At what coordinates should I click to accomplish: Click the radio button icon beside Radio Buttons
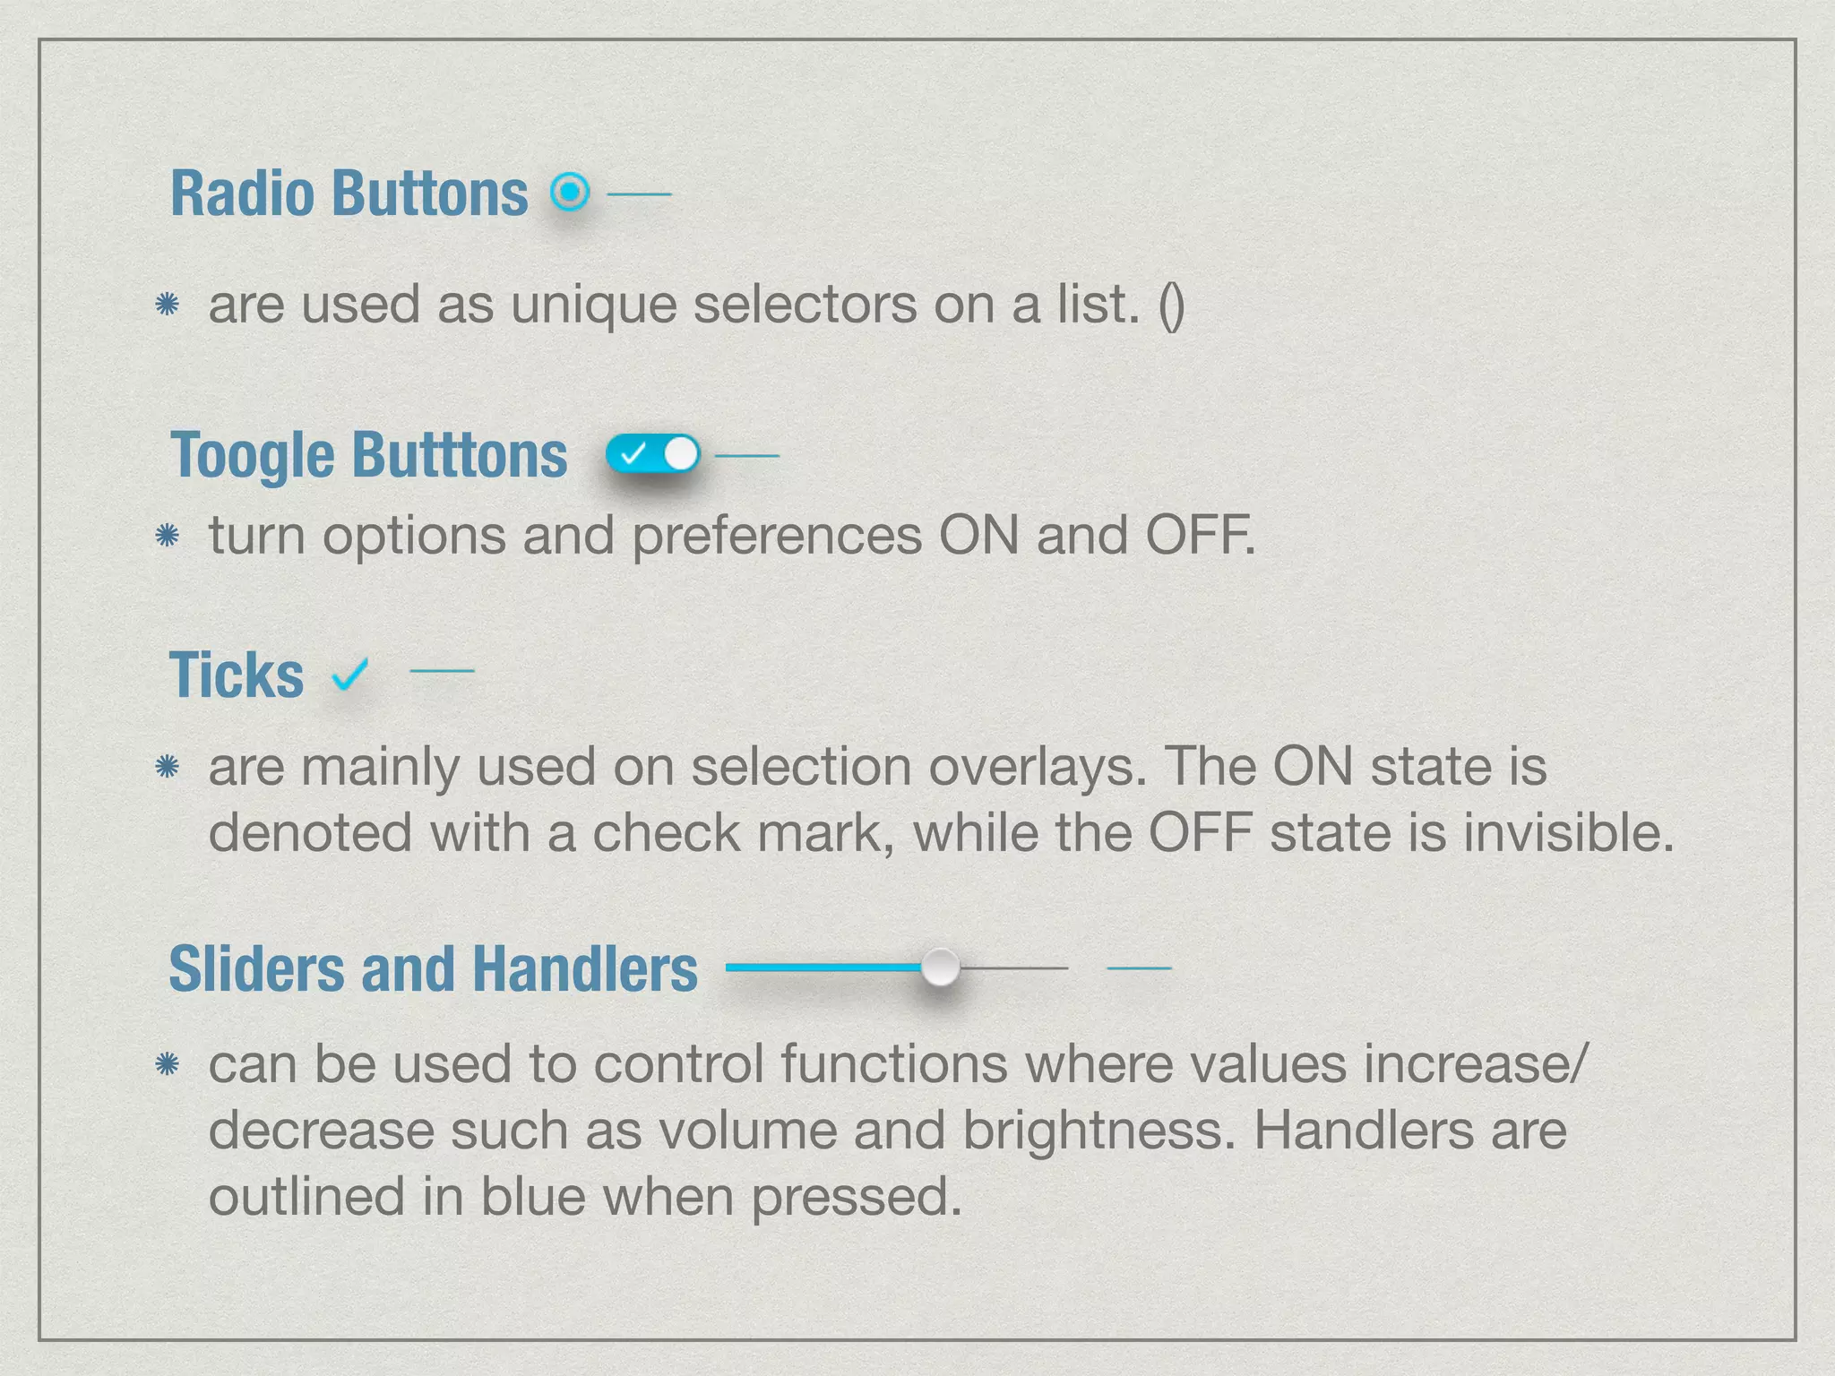point(570,192)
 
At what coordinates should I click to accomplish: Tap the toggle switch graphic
point(651,454)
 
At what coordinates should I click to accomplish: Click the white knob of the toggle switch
point(681,454)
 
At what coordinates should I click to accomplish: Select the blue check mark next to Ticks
point(349,674)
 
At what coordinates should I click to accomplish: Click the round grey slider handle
point(940,967)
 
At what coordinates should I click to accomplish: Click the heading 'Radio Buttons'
point(349,193)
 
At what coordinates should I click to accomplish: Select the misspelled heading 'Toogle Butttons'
point(368,455)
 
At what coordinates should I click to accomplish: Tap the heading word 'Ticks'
point(237,675)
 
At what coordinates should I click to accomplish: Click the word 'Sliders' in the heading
point(256,969)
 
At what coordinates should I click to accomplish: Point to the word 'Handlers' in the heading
point(584,969)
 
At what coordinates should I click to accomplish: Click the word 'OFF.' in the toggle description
point(1200,536)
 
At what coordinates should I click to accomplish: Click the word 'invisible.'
point(1568,833)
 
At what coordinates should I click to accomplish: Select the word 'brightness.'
point(1098,1131)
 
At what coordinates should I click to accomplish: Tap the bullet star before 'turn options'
point(168,536)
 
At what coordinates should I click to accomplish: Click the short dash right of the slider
point(1139,968)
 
